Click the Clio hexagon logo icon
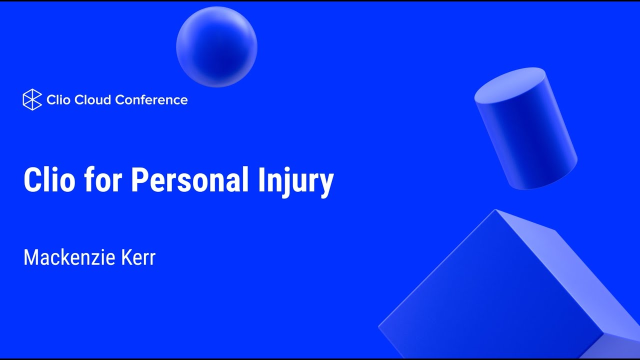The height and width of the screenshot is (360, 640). click(32, 99)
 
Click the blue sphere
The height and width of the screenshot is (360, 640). click(216, 46)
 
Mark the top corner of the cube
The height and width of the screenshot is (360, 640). click(495, 210)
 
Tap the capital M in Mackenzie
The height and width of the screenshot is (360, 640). click(31, 257)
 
